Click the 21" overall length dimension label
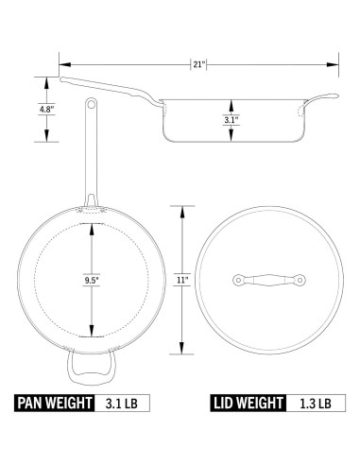199,64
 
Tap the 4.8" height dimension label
46,110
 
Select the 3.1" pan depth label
231,120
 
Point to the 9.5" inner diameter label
92,280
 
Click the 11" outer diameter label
182,280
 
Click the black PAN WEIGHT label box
54,403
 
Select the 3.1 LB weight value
122,404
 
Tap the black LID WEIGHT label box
249,403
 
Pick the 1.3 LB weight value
316,404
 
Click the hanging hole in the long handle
92,104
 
